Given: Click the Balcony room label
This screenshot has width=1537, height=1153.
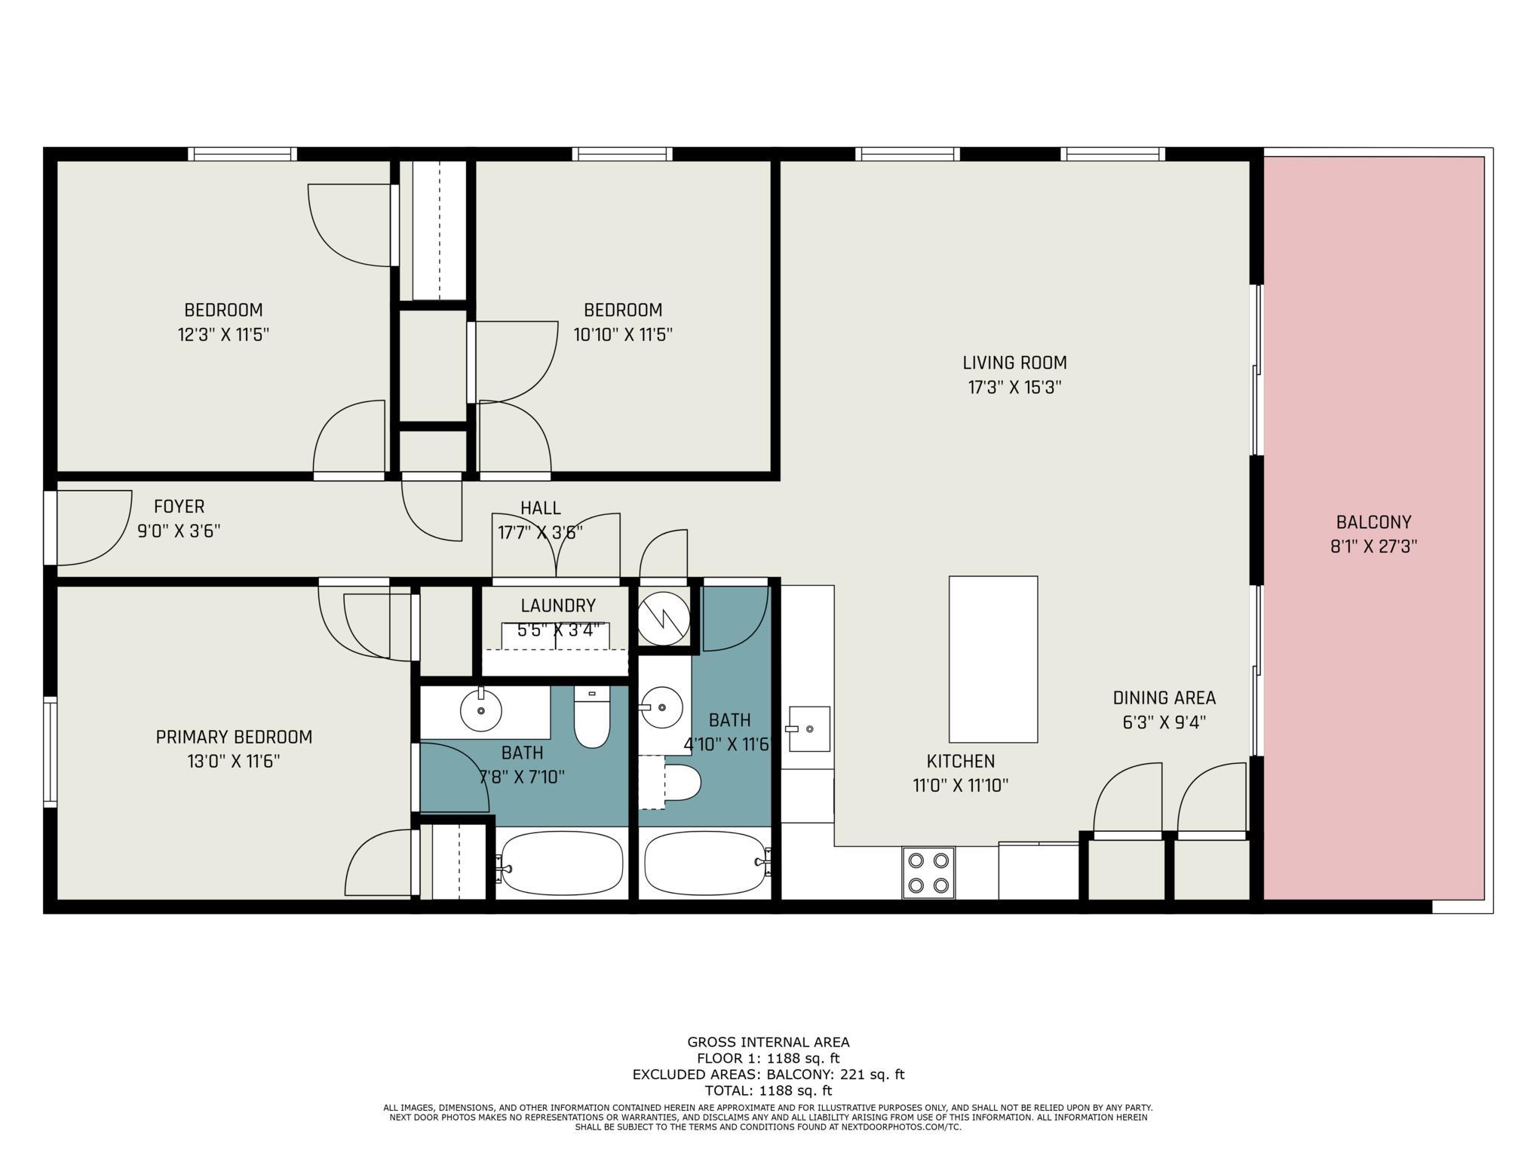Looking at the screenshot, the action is click(x=1373, y=522).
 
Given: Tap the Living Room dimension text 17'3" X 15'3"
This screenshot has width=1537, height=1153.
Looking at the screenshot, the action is click(x=1014, y=388).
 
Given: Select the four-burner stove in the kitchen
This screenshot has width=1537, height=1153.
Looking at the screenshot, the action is click(x=928, y=872).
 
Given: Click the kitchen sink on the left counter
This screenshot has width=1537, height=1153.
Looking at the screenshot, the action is click(x=809, y=729).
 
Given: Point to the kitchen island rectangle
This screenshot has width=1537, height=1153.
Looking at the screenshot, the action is click(x=992, y=659).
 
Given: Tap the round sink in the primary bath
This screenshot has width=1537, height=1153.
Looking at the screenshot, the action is click(x=481, y=710).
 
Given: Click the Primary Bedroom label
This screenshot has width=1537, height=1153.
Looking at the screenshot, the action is click(x=234, y=737).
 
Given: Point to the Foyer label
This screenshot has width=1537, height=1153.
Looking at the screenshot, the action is click(x=179, y=507).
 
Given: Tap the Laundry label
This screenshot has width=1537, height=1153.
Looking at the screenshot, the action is click(x=558, y=606).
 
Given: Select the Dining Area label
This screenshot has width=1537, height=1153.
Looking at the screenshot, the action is click(x=1164, y=698).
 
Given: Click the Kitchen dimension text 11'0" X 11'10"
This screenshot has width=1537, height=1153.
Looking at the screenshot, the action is click(x=960, y=786).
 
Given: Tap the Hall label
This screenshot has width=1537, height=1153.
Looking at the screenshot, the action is click(x=541, y=508).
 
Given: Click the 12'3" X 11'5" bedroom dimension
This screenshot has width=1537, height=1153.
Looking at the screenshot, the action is click(x=223, y=334).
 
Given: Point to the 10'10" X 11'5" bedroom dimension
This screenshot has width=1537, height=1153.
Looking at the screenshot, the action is click(x=623, y=334).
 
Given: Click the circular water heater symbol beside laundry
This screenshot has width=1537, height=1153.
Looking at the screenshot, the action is click(x=664, y=618).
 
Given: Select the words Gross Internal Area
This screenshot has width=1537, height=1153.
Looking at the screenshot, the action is click(x=768, y=1042).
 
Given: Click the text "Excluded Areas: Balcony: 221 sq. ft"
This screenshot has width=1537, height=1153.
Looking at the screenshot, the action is click(x=768, y=1075).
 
